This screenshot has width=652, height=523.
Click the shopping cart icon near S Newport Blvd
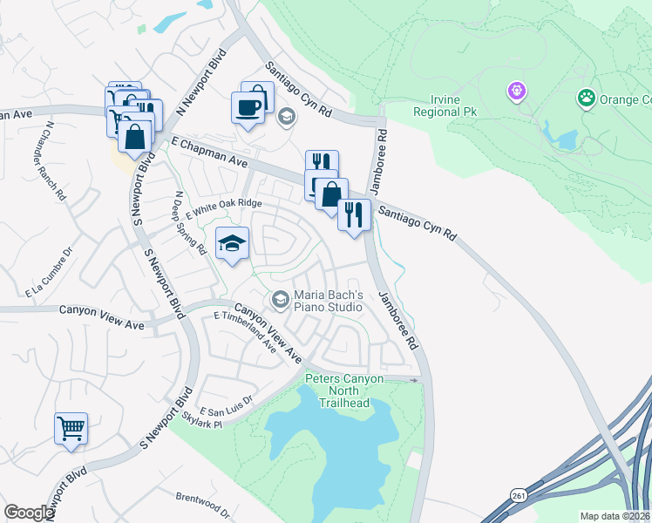[x=71, y=429]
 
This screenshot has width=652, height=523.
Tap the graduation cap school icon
[x=233, y=243]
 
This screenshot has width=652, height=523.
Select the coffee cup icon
[x=248, y=108]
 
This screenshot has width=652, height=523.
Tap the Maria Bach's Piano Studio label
[x=327, y=301]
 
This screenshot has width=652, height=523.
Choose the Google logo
[x=29, y=513]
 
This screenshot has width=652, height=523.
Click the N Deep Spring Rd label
[x=189, y=223]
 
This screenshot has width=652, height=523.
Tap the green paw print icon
[x=587, y=98]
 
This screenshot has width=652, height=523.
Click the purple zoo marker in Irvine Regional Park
[x=517, y=91]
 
